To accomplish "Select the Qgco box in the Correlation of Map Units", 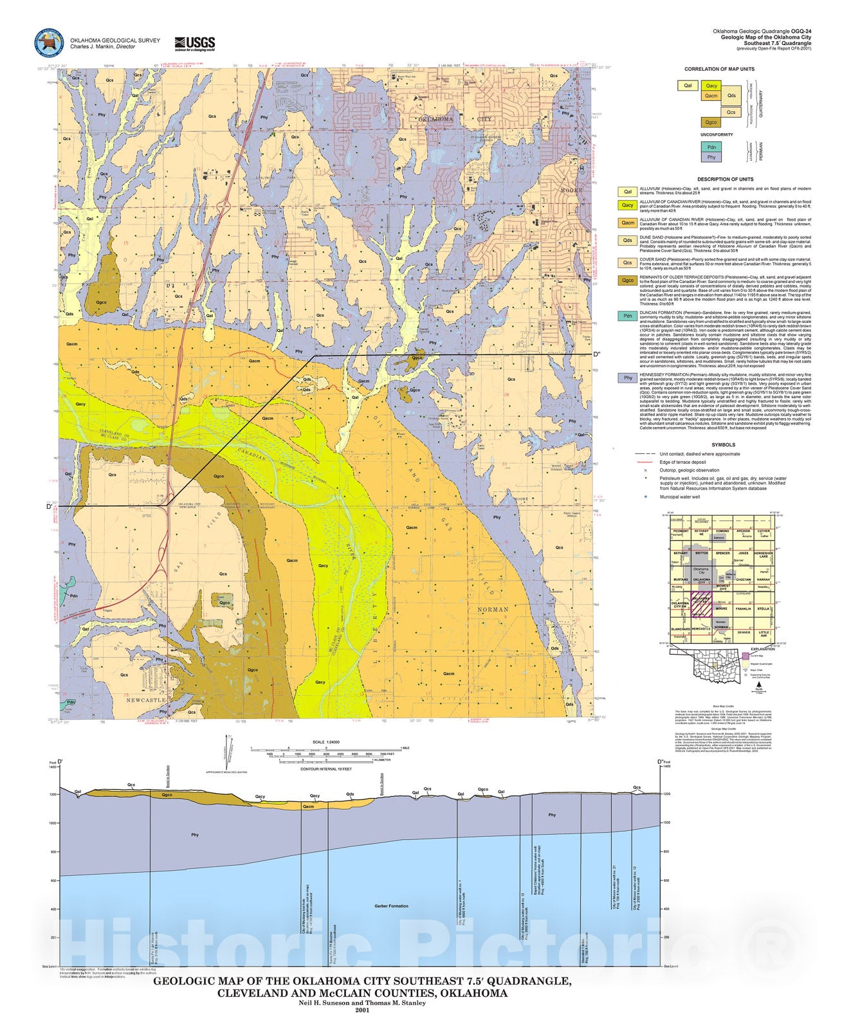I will pos(711,122).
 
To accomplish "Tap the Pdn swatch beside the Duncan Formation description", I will pos(628,316).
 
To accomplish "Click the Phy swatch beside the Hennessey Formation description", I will pos(628,378).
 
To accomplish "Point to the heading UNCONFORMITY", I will pos(717,135).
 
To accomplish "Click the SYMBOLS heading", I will pos(724,444).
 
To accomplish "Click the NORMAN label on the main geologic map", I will pos(493,609).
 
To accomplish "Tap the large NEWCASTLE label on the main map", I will pos(146,700).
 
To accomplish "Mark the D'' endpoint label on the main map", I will pos(596,354).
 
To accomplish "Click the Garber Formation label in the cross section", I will pos(391,906).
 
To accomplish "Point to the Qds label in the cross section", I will pos(350,794).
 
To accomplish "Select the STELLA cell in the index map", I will pos(763,608).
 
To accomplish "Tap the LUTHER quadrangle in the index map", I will pos(764,534).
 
